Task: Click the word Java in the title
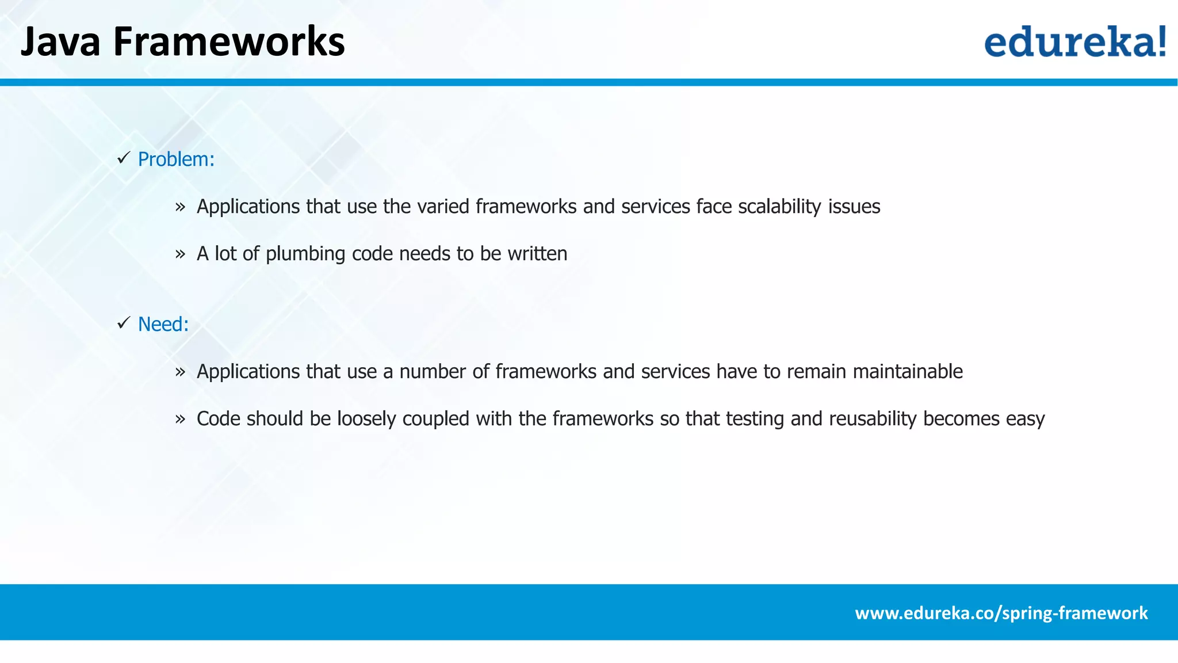tap(60, 41)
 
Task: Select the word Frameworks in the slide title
tap(229, 41)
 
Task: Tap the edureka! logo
tap(1075, 41)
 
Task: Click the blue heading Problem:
tap(176, 159)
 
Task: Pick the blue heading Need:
tap(163, 325)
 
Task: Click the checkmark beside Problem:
tap(124, 158)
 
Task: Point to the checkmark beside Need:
tap(124, 323)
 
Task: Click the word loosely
tap(366, 419)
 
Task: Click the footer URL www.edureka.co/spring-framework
tap(1001, 613)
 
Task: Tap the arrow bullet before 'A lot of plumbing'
tap(181, 254)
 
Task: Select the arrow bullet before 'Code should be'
tap(181, 419)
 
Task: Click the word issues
tap(854, 207)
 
